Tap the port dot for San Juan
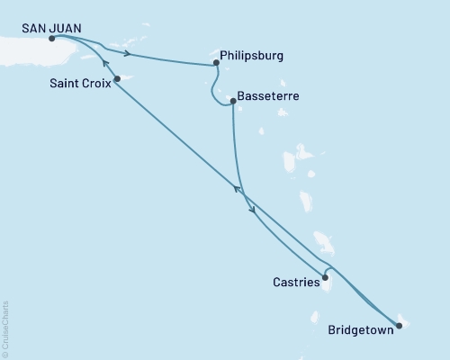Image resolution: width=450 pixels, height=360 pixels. [x=51, y=39]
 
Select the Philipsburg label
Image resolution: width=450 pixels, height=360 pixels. [x=253, y=55]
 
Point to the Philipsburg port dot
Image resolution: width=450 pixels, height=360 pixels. [x=216, y=64]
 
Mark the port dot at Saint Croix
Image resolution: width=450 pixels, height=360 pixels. [x=117, y=79]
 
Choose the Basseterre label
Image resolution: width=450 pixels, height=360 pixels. [x=270, y=94]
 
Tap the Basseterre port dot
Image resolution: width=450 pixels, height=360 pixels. [x=233, y=101]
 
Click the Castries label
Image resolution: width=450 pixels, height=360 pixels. [x=296, y=283]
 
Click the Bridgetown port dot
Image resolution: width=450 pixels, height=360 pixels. [x=398, y=323]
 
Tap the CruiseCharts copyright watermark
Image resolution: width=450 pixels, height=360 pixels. [x=5, y=329]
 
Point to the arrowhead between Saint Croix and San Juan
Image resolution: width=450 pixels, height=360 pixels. [x=105, y=63]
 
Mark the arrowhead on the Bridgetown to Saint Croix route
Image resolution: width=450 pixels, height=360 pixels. [x=238, y=188]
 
